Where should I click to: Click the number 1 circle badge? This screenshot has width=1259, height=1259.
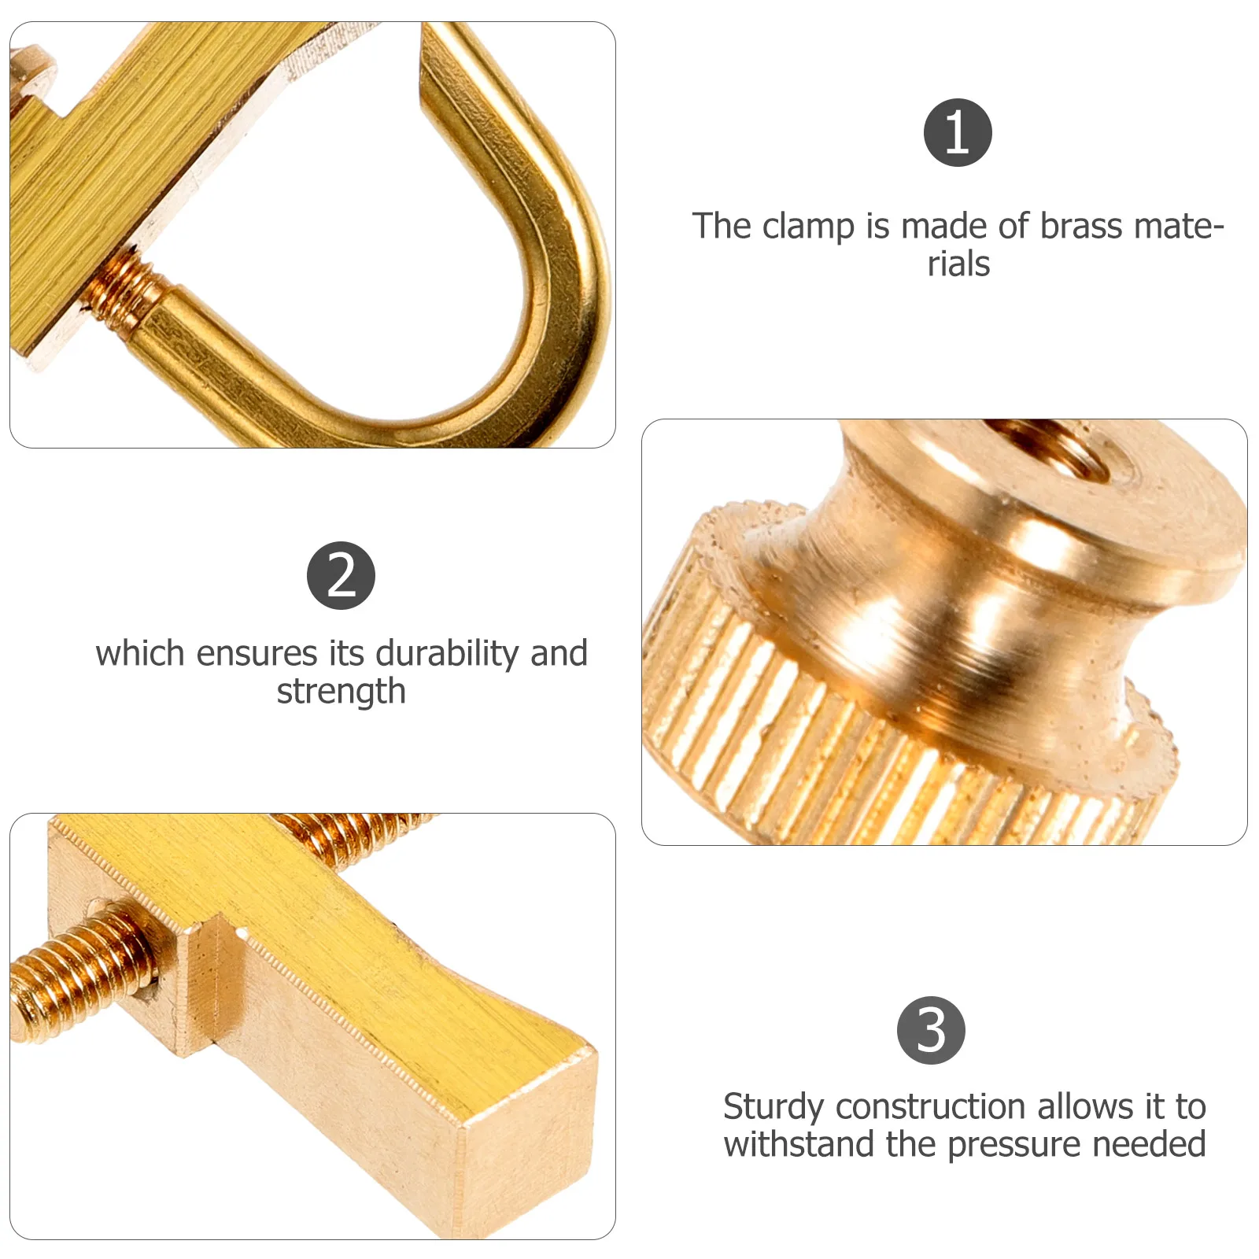957,132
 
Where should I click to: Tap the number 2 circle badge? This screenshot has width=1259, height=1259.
341,575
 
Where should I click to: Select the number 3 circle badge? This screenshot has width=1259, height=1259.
931,1030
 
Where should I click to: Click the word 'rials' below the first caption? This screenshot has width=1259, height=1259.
958,264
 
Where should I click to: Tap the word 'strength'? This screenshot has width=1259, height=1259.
341,692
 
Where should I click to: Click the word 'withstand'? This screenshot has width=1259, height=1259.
799,1144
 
